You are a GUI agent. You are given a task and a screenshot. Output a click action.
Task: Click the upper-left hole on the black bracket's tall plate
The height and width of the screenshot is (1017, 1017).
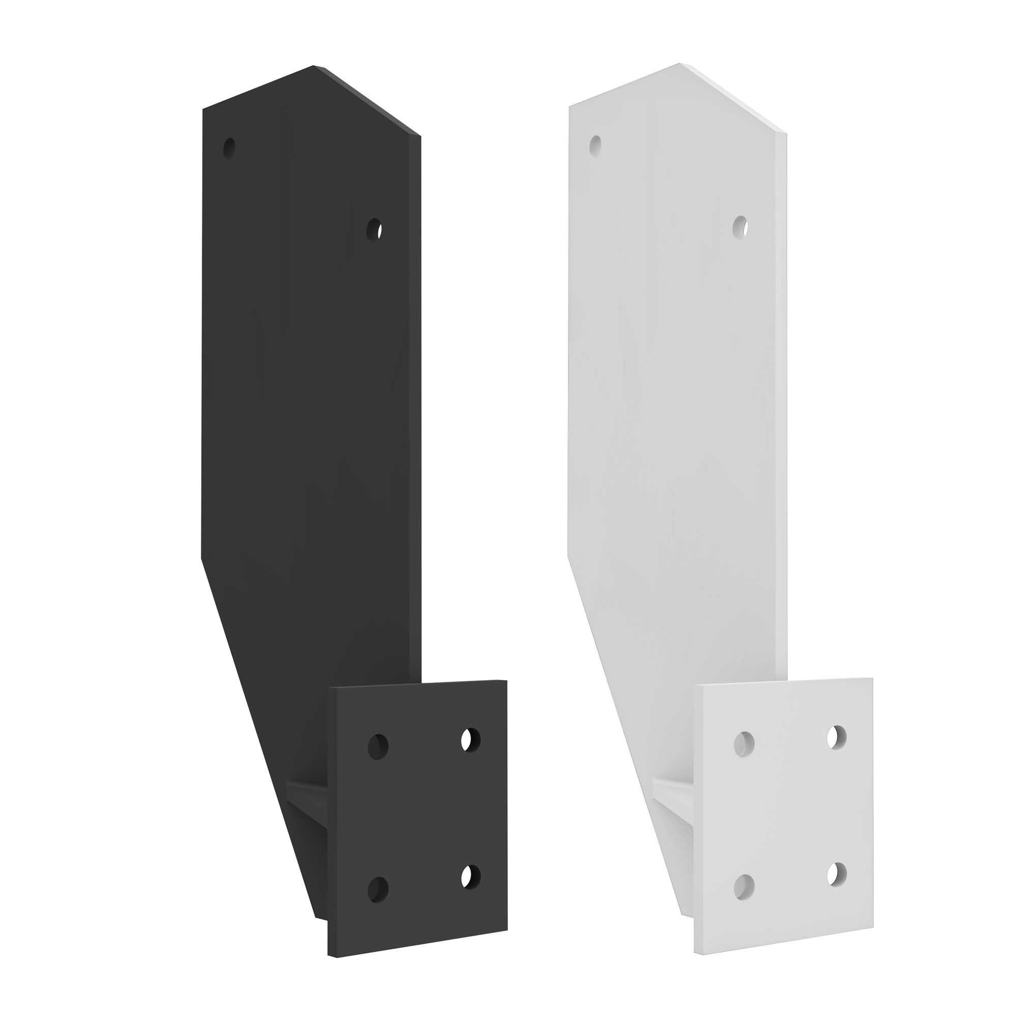[229, 148]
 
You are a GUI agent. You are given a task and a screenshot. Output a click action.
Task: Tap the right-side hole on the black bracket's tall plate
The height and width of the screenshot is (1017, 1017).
[374, 230]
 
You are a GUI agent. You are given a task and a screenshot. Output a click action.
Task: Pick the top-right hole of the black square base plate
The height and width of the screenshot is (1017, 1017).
[470, 739]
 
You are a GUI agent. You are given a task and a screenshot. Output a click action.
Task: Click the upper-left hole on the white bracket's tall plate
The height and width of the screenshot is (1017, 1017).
[595, 146]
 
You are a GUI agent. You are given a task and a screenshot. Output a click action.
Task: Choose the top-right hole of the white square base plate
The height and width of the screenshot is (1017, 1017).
[836, 736]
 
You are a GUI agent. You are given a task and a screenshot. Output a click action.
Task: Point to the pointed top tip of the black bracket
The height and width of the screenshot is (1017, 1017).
[314, 66]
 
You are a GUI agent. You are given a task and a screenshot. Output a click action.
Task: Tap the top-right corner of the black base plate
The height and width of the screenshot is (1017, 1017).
[506, 681]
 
